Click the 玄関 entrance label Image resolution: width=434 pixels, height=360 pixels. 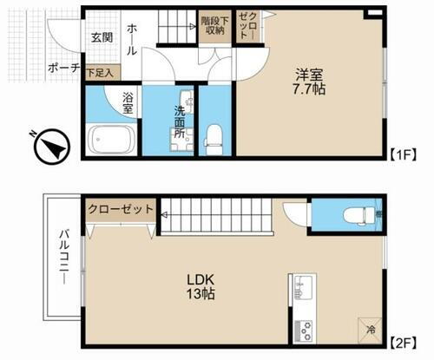(101, 37)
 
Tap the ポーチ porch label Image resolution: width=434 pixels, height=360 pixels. (64, 68)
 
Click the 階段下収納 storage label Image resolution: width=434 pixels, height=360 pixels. (212, 24)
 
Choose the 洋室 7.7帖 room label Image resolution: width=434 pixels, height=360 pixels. (308, 82)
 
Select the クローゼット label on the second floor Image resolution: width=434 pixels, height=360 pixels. (121, 209)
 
